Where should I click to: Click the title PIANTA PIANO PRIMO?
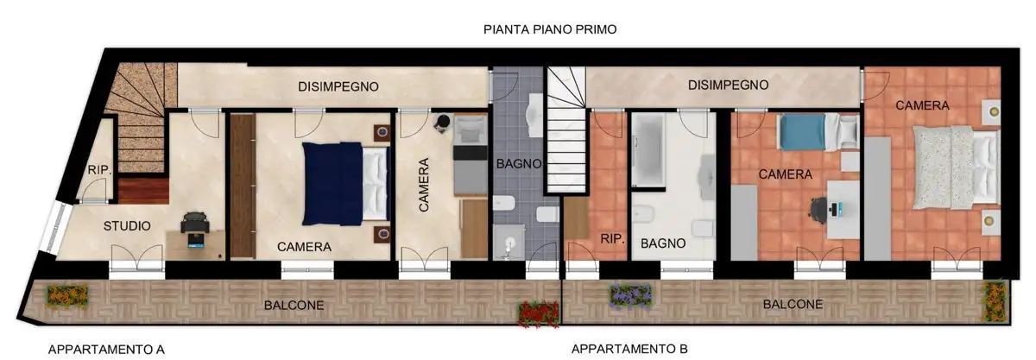tap(550, 29)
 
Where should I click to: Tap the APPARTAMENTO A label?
tap(106, 350)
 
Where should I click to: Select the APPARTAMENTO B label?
tap(629, 350)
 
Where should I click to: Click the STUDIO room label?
tap(127, 226)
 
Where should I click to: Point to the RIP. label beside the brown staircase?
tap(99, 170)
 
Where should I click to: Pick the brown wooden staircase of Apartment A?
tap(138, 121)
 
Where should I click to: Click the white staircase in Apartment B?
tap(566, 129)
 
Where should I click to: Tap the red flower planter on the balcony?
tap(538, 313)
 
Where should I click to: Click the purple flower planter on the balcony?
tap(630, 296)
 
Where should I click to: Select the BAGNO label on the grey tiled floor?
tap(518, 163)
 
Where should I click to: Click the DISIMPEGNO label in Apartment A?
tap(338, 86)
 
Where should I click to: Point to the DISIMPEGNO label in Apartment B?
tap(728, 85)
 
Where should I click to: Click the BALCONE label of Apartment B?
tap(793, 304)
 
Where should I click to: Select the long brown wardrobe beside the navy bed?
tap(243, 185)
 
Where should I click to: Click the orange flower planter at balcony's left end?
tap(67, 294)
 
